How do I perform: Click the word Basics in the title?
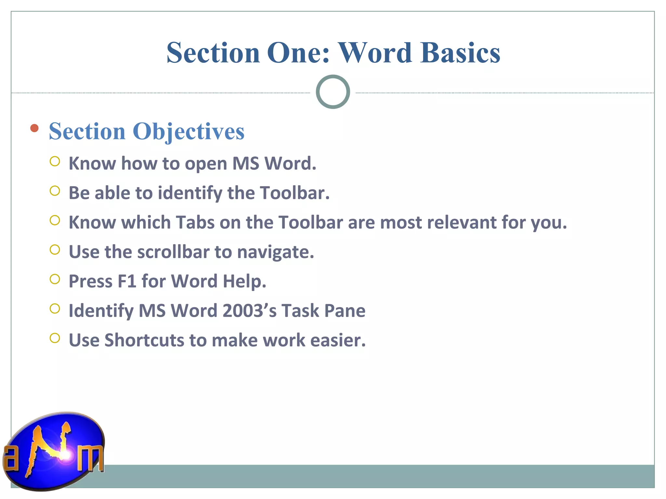click(460, 53)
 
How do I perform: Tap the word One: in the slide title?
click(299, 53)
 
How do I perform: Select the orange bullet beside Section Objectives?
click(34, 128)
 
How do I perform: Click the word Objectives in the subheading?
click(188, 132)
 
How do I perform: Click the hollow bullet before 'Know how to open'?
click(55, 161)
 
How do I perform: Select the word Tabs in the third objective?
click(195, 223)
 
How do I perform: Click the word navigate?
click(275, 252)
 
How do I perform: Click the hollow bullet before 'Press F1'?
click(55, 279)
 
